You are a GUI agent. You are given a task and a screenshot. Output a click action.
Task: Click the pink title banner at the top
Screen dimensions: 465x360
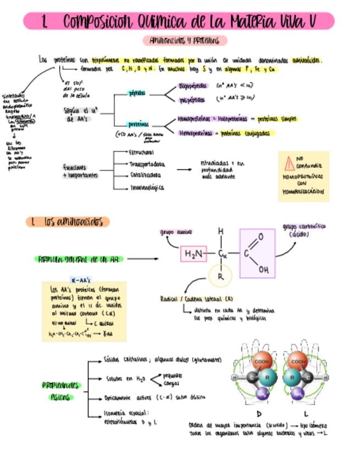(179, 21)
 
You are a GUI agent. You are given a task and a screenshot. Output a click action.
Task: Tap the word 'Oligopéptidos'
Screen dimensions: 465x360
(193, 86)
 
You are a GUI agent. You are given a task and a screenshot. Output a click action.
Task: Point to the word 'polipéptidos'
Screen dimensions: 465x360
(193, 100)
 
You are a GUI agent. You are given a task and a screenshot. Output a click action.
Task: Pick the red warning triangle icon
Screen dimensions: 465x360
(289, 163)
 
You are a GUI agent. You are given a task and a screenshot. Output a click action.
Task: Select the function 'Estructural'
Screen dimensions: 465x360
(140, 151)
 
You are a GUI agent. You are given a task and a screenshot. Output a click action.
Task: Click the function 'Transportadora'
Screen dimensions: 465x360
(146, 164)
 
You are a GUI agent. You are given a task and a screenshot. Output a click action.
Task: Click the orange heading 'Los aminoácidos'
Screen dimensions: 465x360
(68, 222)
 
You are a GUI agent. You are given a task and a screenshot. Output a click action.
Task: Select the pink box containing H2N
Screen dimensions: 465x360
(194, 254)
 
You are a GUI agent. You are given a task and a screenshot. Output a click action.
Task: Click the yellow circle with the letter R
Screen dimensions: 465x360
(221, 276)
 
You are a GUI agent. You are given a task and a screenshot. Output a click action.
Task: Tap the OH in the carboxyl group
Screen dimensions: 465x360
(263, 269)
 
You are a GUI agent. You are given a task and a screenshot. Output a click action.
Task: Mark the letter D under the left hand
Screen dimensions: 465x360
(260, 413)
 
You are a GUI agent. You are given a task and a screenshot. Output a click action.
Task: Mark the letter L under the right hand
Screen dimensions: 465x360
(305, 413)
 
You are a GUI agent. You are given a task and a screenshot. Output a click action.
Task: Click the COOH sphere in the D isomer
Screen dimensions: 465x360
(261, 362)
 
